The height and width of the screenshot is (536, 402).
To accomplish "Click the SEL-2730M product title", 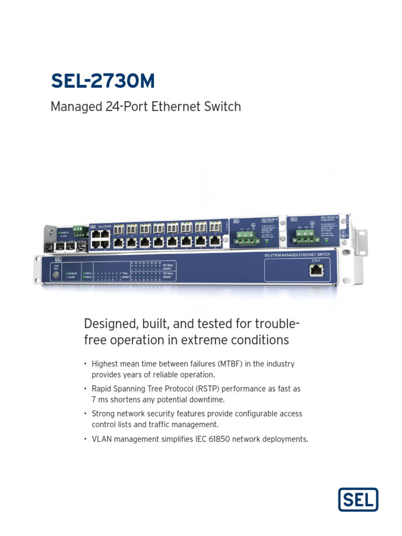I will [103, 81].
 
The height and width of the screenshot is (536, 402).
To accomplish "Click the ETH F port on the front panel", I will [316, 270].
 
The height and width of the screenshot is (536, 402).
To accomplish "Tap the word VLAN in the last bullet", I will [102, 439].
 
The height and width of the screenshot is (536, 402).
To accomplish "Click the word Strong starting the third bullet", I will [104, 414].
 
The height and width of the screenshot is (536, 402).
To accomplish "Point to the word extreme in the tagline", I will [202, 340].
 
